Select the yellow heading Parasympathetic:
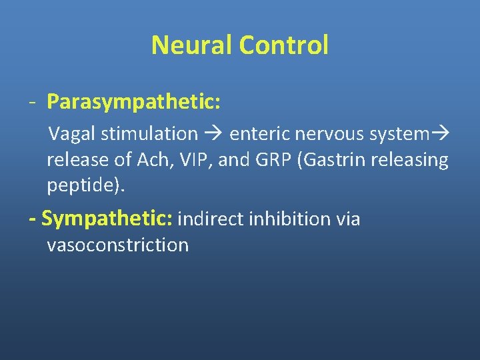pyautogui.click(x=134, y=103)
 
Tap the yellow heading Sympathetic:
pyautogui.click(x=107, y=218)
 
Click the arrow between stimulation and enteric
pyautogui.click(x=213, y=134)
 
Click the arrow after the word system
pyautogui.click(x=441, y=134)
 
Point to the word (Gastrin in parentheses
pyautogui.click(x=334, y=160)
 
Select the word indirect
pyautogui.click(x=211, y=219)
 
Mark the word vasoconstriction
pyautogui.click(x=118, y=245)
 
